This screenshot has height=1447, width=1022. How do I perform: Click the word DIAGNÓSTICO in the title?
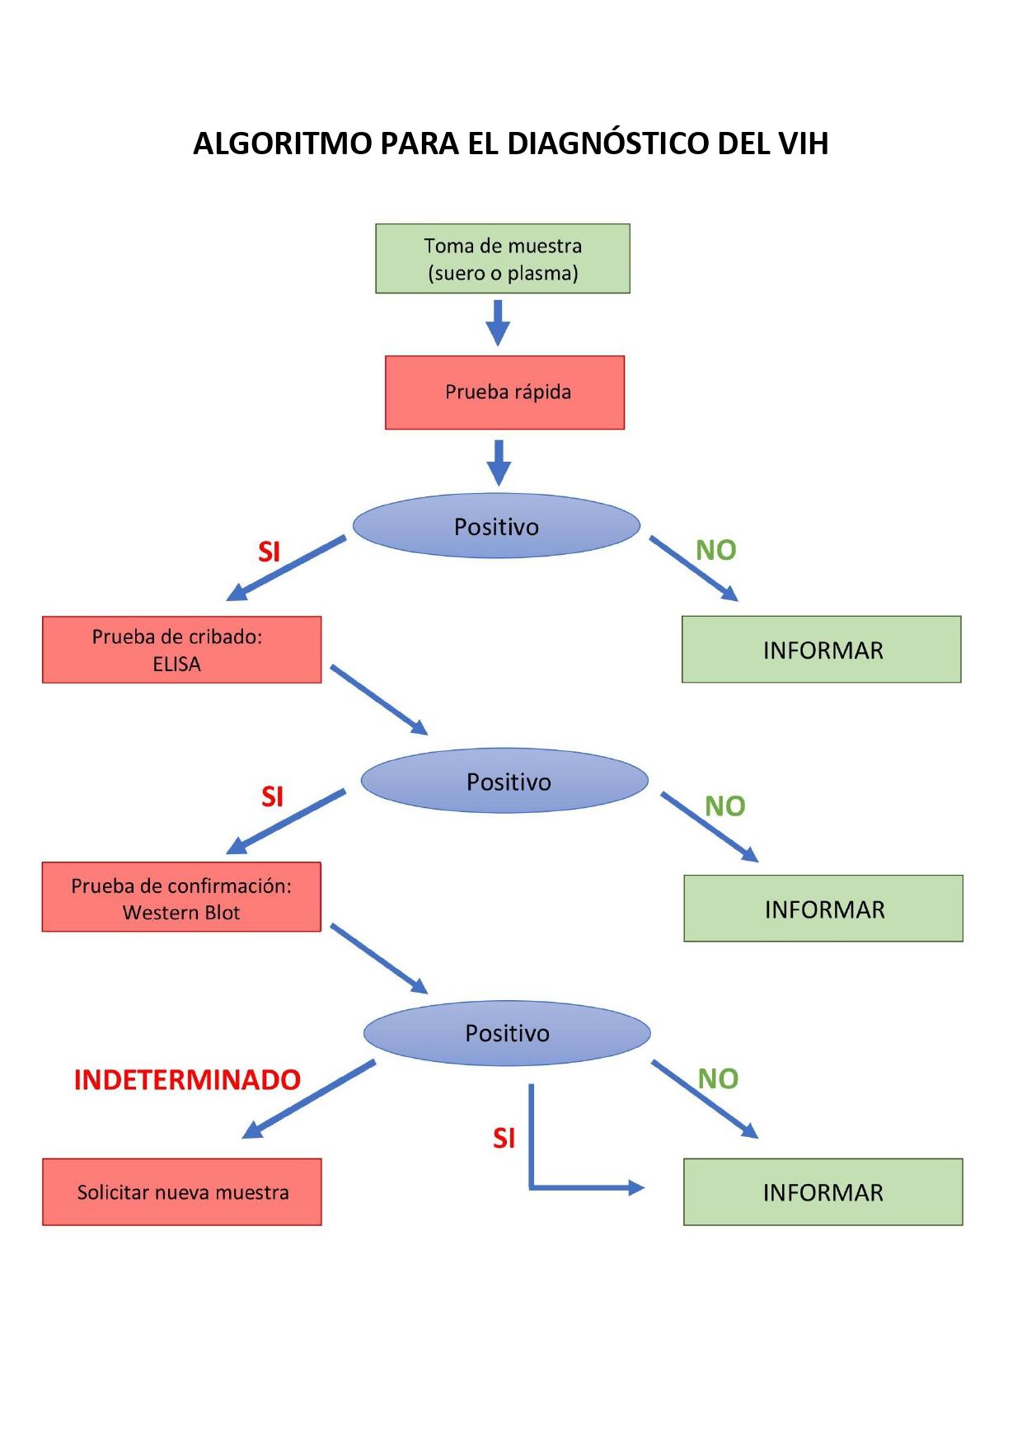tap(607, 143)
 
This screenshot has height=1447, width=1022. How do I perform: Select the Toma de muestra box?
tap(503, 258)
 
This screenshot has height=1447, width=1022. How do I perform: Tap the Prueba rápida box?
tap(504, 392)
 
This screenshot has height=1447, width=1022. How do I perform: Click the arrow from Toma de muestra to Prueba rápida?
tap(498, 322)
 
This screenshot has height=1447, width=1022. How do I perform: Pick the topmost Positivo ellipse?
tap(496, 526)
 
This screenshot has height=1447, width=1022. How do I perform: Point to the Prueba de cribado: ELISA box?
tap(181, 650)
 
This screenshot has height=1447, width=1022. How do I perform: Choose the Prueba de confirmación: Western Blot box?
tap(181, 897)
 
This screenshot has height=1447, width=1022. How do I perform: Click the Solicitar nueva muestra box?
tap(182, 1192)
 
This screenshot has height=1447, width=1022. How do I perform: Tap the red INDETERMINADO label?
tap(187, 1080)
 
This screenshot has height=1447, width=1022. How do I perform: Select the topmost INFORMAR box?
tap(822, 649)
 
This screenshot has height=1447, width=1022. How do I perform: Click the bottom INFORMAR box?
tap(823, 1192)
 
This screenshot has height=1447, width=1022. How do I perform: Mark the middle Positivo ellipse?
tap(505, 781)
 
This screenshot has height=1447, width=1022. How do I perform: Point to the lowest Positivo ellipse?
tap(507, 1033)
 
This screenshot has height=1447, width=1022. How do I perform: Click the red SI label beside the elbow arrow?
tap(504, 1139)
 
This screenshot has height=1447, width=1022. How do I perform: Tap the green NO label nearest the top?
tap(715, 550)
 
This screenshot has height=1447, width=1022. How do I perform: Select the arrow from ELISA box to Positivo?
tap(379, 700)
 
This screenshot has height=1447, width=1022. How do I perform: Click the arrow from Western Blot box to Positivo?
tap(379, 959)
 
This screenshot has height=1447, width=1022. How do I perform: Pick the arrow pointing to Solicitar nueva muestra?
tap(309, 1099)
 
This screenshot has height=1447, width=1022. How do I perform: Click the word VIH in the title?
tap(804, 143)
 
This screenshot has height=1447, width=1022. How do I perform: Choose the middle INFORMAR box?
tap(823, 909)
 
